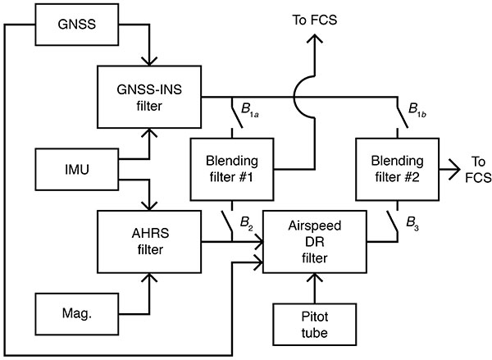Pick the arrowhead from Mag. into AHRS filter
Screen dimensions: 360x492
(x=148, y=280)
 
